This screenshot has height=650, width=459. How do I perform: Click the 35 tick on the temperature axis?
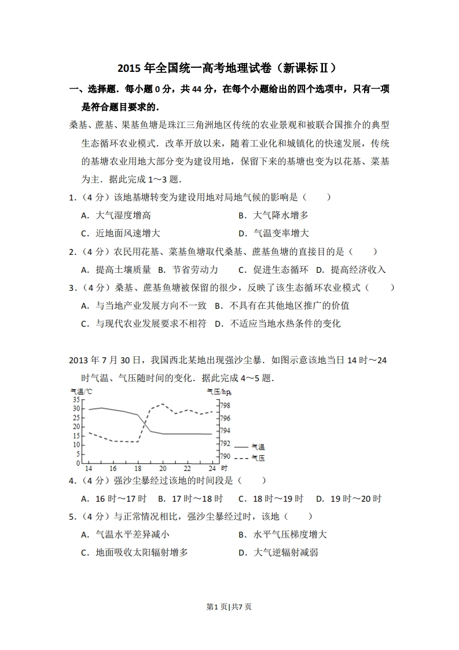coord(76,400)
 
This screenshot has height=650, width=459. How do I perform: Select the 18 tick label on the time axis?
coord(138,468)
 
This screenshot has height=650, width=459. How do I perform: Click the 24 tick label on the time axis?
coord(211,468)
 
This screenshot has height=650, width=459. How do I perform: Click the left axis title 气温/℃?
coord(80,391)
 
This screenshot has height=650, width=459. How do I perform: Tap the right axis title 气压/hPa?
coord(219,391)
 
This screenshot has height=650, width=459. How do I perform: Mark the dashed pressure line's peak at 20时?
coord(163,404)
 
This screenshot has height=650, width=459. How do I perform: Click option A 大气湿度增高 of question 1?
coord(116,216)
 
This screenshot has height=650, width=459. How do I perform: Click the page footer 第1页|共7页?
coord(229,607)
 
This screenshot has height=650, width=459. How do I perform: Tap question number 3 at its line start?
coord(71,288)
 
